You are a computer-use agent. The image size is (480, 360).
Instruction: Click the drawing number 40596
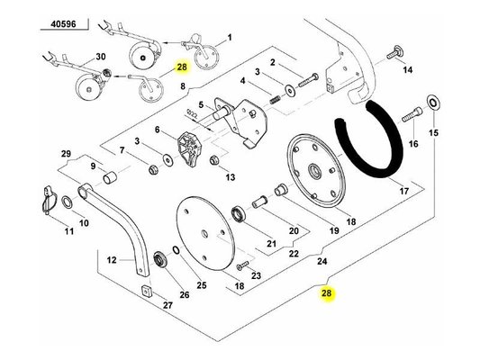pos(63,24)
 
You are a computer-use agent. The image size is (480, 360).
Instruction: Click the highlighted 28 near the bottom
pos(326,293)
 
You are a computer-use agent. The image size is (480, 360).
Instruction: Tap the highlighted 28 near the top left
pos(182,67)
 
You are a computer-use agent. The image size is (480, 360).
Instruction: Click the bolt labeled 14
pos(394,53)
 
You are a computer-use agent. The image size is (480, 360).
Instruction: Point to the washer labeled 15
pos(432,103)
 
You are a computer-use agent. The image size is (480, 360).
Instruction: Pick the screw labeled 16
pos(412,113)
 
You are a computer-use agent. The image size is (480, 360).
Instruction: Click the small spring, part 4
pos(276,100)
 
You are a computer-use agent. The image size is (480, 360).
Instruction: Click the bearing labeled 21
pos(239,214)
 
